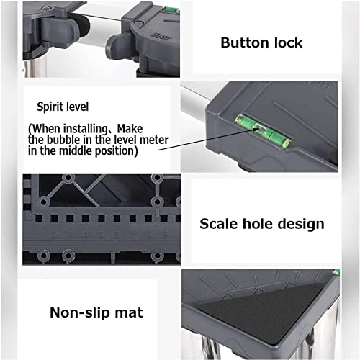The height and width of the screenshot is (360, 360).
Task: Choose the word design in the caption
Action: click(301, 224)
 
